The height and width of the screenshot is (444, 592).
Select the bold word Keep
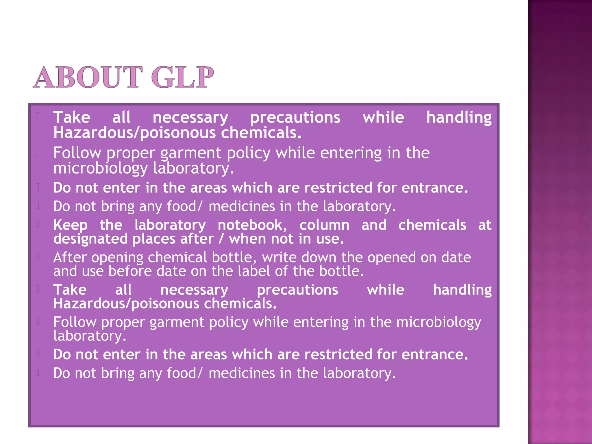pos(71,225)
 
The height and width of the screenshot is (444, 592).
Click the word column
pos(324,225)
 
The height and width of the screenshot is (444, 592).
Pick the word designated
pos(90,239)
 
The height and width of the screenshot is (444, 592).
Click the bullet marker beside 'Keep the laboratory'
pos(37,224)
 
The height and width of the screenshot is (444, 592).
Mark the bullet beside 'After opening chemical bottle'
pos(37,257)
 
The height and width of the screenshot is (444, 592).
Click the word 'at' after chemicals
pos(485,225)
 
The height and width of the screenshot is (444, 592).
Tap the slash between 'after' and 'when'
pos(221,239)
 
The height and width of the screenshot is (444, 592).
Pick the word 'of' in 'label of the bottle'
pos(281,271)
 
